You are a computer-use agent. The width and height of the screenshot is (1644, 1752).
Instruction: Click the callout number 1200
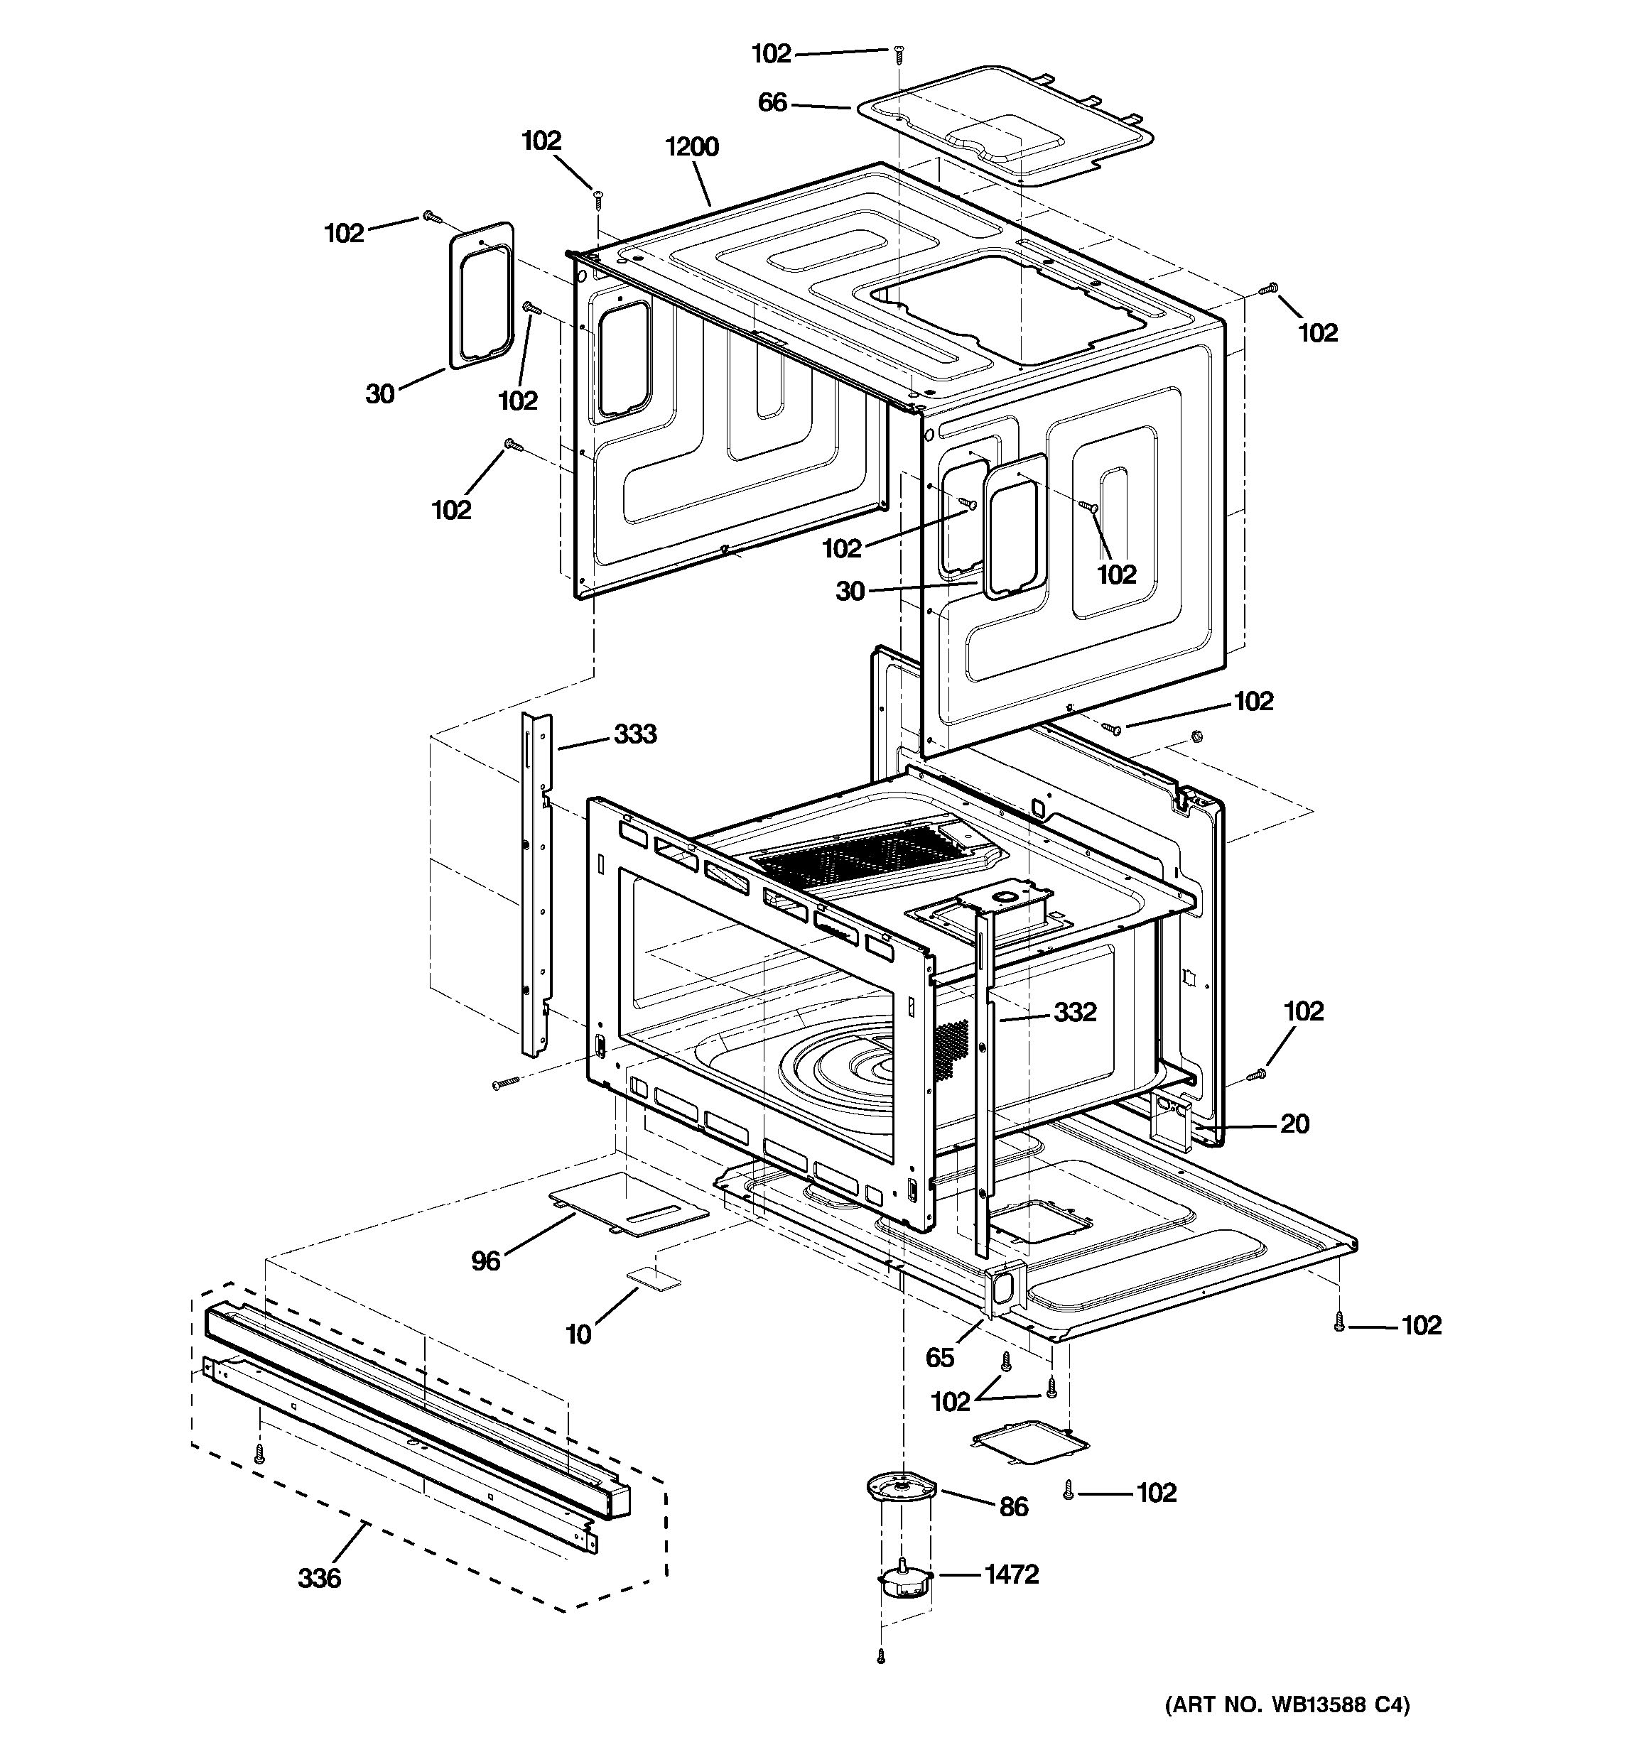pos(692,146)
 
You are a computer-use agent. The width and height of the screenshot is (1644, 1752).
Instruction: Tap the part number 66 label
pos(772,103)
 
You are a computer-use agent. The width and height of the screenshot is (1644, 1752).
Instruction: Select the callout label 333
pos(634,734)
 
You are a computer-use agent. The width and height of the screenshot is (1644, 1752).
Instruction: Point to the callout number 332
pos(1074,1012)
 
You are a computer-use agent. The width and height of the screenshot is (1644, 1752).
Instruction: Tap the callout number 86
pos(1014,1506)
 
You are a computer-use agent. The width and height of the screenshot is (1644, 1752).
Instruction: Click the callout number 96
pos(486,1261)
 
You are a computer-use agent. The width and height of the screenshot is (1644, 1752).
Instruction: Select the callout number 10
pos(578,1334)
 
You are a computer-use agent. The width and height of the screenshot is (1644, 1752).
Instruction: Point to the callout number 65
pos(940,1357)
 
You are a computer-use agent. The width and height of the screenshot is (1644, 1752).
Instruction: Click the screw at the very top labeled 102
pos(898,55)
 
